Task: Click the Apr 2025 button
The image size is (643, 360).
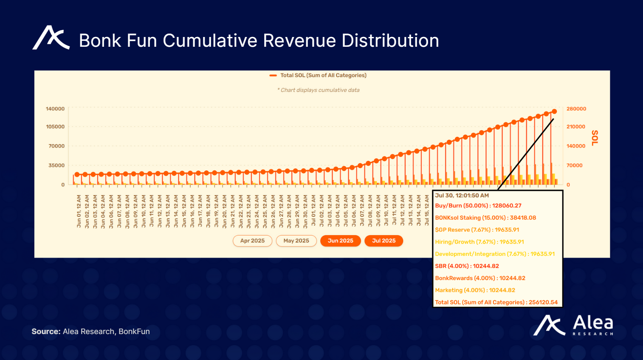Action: click(x=252, y=241)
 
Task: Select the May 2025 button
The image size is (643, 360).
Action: click(x=296, y=241)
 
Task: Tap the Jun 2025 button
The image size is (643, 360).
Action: click(x=340, y=241)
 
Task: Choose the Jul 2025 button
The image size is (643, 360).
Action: click(x=384, y=241)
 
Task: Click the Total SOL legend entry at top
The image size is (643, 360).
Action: click(x=318, y=75)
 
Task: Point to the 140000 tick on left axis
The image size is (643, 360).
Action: click(x=55, y=109)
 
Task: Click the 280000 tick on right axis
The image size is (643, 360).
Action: click(x=576, y=109)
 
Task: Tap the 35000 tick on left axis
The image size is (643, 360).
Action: click(x=56, y=165)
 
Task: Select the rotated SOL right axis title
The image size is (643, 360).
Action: click(x=595, y=138)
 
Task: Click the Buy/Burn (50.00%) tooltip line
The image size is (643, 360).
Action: click(x=478, y=206)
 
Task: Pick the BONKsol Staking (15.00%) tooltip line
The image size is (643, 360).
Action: click(x=485, y=218)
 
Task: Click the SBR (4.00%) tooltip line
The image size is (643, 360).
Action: click(x=467, y=266)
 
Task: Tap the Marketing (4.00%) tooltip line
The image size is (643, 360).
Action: click(x=475, y=290)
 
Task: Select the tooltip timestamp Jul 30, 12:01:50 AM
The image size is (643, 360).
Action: click(x=462, y=196)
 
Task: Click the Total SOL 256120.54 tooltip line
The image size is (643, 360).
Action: click(x=496, y=302)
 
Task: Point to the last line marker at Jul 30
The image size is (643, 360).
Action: click(x=554, y=111)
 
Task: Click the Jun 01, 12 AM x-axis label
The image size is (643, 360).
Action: click(x=79, y=212)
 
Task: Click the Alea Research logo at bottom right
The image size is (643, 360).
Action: click(x=573, y=326)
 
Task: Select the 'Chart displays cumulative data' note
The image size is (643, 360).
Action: click(x=318, y=90)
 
